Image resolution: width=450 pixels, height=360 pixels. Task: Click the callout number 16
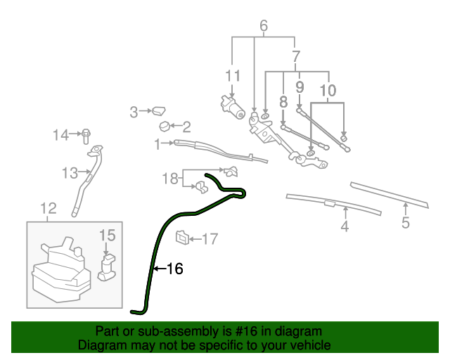click(x=175, y=269)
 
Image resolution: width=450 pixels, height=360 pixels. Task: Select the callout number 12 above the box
click(x=48, y=208)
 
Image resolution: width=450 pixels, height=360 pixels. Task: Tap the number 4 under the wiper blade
click(x=345, y=226)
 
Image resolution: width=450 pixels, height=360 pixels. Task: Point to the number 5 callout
click(x=406, y=224)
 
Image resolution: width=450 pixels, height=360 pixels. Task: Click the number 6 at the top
click(x=264, y=27)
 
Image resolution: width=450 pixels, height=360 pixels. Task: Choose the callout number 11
click(x=233, y=75)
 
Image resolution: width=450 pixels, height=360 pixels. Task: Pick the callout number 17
click(x=211, y=239)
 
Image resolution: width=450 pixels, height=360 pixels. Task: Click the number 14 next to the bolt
click(x=63, y=134)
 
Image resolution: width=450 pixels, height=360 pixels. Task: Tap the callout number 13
click(x=69, y=172)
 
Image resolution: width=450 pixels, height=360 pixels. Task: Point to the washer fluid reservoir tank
click(x=60, y=271)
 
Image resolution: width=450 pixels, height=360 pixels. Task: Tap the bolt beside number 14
click(x=85, y=134)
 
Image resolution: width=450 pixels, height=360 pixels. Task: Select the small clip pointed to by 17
click(x=181, y=238)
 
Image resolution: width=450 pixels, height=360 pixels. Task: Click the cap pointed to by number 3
click(x=159, y=110)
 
